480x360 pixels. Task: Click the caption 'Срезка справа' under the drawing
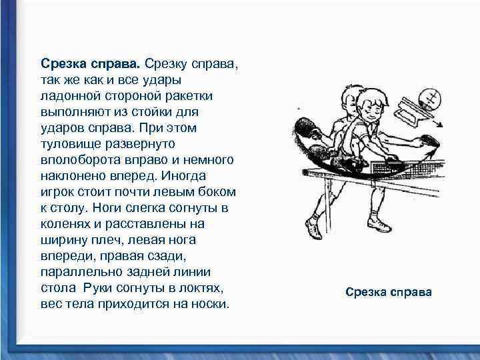coord(388,292)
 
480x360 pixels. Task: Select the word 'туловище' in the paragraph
coord(68,143)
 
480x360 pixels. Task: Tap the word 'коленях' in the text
coord(64,223)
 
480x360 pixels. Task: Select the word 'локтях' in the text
coord(201,287)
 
